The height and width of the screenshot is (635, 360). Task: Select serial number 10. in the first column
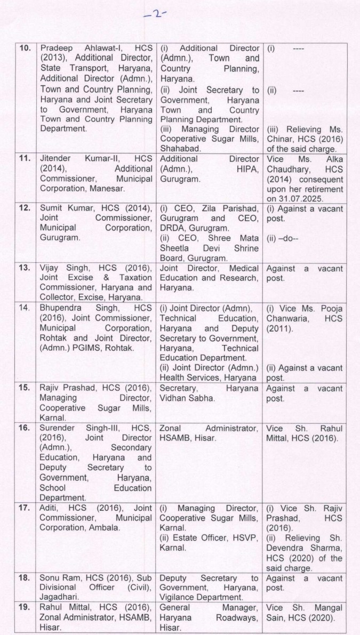(25, 49)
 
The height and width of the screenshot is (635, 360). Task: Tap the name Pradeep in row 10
(58, 49)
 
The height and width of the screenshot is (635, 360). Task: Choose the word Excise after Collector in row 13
(94, 296)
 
